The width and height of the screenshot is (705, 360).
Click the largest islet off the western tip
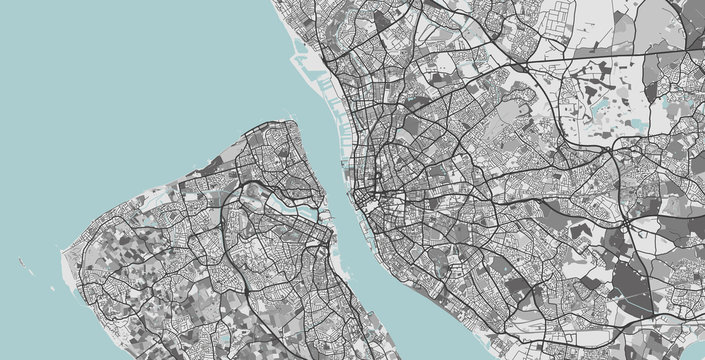point(22,263)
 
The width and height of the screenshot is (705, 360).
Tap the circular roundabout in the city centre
point(378,180)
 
